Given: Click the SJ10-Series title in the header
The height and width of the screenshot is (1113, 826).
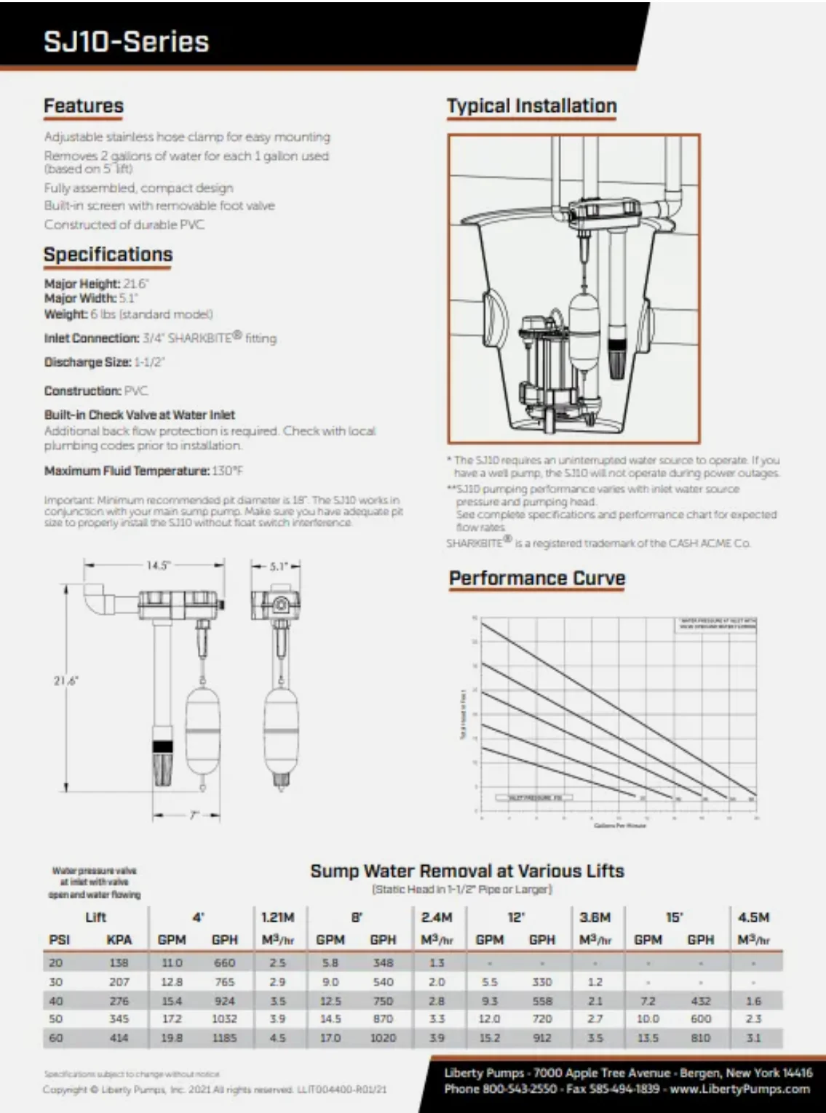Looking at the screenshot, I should [127, 41].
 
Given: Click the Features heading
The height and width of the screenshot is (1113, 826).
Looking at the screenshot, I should [84, 106].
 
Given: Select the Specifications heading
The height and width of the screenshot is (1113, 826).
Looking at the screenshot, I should [108, 255].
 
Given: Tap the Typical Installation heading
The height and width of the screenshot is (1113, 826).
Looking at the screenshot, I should [531, 106].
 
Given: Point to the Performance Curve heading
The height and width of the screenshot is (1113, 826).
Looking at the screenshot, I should [537, 578].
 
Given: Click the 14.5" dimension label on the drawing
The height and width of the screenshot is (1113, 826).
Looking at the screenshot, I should [156, 565].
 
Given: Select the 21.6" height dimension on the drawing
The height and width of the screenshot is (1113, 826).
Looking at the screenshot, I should [65, 682].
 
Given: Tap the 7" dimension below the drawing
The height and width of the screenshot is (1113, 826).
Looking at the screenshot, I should [192, 815].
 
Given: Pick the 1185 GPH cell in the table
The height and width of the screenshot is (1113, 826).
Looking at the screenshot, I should [224, 1038].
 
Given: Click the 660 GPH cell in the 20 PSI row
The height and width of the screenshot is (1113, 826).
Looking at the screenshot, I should [224, 962].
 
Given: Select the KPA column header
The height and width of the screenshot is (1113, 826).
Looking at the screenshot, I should [119, 940].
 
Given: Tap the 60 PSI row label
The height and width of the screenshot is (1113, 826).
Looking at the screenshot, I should [56, 1038].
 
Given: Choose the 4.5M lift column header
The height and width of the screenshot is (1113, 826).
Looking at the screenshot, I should [753, 917].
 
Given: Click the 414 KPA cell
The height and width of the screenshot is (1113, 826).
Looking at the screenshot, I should [119, 1038].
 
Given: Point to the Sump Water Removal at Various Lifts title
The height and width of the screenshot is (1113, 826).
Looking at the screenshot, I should [467, 871].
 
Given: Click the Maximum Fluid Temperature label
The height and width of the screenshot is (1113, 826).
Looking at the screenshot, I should [127, 471].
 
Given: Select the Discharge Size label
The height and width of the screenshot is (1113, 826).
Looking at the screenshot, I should [87, 362].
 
